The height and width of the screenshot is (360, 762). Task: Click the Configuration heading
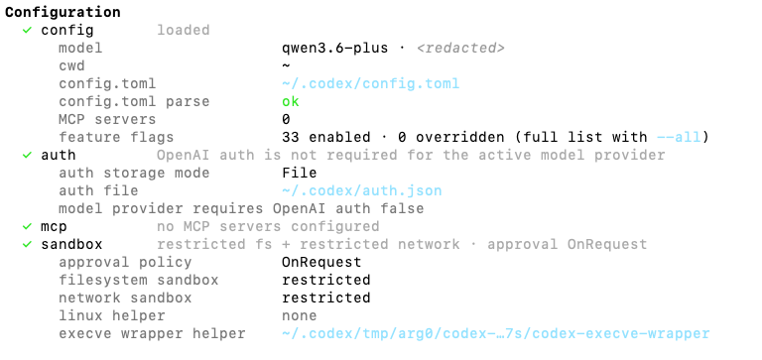[x=63, y=12]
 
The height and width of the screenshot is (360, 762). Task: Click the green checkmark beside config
[x=27, y=30]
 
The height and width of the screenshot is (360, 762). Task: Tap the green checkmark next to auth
[x=27, y=155]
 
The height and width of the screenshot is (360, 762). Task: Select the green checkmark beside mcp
[x=27, y=226]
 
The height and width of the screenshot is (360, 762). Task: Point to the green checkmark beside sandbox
[x=27, y=244]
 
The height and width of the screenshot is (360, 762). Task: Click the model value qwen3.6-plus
[x=334, y=48]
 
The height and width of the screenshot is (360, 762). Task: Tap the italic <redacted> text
[x=460, y=48]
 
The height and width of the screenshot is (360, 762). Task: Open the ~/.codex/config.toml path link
[x=370, y=83]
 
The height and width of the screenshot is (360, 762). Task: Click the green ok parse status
[x=291, y=101]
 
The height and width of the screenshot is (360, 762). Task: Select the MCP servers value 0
[x=286, y=120]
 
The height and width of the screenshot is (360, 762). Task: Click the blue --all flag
[x=679, y=138]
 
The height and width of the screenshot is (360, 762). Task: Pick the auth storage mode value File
[x=300, y=173]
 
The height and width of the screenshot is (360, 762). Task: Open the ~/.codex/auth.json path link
[x=361, y=191]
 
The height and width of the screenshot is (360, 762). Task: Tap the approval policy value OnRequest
[x=321, y=263]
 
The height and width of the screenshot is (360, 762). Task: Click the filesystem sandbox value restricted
[x=326, y=281]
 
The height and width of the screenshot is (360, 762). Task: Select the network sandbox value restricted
[x=326, y=298]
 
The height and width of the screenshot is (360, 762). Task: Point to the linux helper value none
[x=300, y=315]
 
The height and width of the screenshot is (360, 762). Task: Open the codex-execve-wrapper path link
[x=496, y=334]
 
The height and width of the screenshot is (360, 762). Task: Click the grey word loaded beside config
[x=184, y=30]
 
